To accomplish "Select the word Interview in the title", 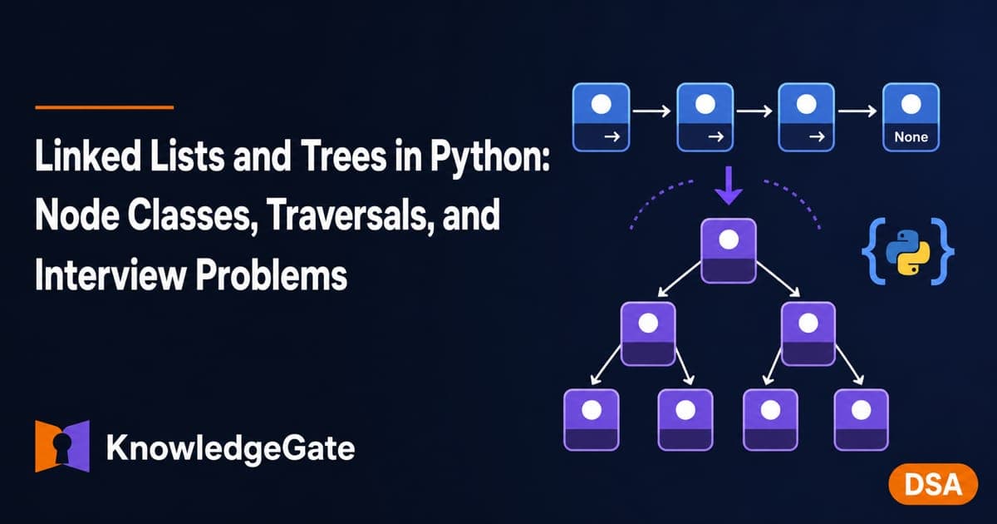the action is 110,275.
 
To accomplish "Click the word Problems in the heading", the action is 272,275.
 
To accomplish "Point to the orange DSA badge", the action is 933,484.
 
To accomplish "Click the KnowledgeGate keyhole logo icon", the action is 62,446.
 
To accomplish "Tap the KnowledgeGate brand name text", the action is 231,448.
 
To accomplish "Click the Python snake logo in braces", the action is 908,252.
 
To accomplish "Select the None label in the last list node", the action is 911,136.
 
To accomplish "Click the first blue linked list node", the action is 601,117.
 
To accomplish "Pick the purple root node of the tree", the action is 729,251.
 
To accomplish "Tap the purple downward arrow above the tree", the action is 729,185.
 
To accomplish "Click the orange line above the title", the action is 104,107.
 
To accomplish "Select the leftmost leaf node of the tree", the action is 592,420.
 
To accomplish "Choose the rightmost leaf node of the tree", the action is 862,420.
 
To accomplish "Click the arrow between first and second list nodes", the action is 651,111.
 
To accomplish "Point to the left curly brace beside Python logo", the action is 872,251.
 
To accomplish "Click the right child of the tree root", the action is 808,334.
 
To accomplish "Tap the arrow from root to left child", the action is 680,279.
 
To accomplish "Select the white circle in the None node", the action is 911,104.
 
